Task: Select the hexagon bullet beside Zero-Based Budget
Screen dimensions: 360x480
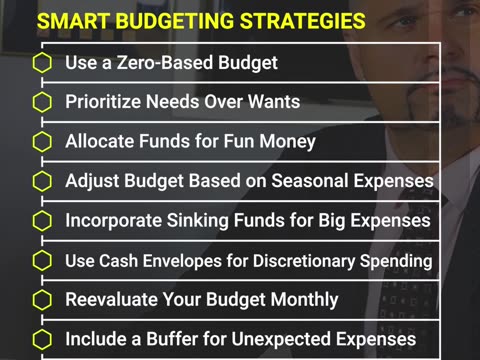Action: coord(42,62)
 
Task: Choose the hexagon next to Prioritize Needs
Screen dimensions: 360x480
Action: coord(42,102)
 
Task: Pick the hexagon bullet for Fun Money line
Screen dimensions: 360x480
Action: coord(42,141)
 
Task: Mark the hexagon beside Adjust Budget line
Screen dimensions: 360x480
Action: coord(42,181)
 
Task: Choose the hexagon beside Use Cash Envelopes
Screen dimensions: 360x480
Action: coord(42,260)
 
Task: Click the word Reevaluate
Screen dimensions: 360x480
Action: coord(112,299)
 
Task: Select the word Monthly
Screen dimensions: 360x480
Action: coord(304,299)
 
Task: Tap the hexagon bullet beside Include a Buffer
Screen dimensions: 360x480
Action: coord(42,339)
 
